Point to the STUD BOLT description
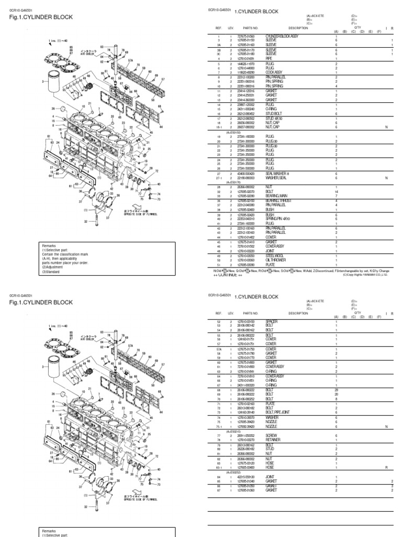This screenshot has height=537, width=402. (273, 113)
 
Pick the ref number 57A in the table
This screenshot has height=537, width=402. (219, 349)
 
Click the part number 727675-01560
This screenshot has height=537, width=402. (245, 36)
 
